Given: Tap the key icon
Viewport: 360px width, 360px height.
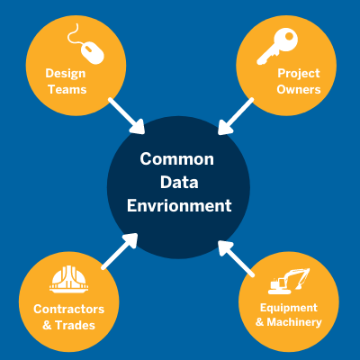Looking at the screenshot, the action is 277,47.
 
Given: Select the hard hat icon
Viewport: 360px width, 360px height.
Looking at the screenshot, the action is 69,279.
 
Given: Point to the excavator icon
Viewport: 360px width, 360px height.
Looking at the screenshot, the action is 289,282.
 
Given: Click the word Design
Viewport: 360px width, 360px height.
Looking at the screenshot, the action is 66,74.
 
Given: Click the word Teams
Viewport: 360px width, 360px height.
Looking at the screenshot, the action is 67,89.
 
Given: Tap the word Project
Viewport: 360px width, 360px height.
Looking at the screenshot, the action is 299,74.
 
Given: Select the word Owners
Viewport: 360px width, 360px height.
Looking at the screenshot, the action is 299,89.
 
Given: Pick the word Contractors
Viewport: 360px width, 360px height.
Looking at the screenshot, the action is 69,310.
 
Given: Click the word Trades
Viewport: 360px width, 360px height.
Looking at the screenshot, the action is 76,325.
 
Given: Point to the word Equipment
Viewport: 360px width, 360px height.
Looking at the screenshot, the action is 289,308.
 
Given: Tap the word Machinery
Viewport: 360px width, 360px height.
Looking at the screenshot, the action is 294,322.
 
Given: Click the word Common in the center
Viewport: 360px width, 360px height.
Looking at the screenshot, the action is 177,159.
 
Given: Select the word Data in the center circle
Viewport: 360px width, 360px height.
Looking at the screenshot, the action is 179,183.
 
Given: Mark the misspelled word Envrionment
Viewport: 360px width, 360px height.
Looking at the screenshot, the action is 179,206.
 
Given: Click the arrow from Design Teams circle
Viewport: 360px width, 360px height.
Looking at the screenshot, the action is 127,116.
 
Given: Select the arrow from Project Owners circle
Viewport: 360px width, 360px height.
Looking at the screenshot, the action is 236,116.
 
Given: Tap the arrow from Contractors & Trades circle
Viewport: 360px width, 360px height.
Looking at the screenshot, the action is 120,251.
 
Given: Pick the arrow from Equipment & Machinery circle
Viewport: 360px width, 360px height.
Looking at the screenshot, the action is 237,258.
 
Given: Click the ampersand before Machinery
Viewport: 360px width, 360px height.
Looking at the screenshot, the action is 260,322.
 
